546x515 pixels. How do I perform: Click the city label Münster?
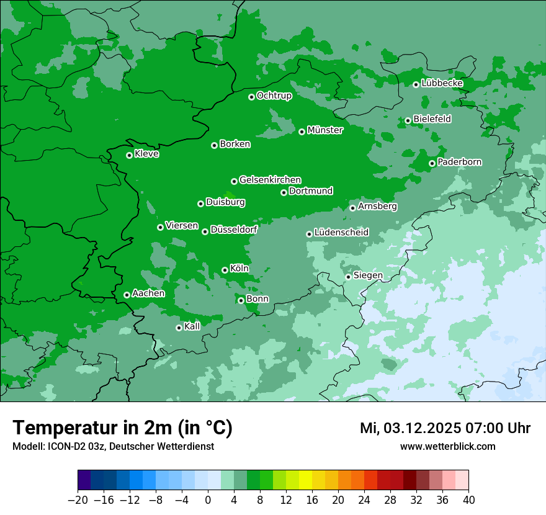pyautogui.click(x=325, y=130)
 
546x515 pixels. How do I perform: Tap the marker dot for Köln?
pyautogui.click(x=225, y=270)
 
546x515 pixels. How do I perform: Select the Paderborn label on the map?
pyautogui.click(x=459, y=162)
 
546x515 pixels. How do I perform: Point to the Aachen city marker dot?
pyautogui.click(x=127, y=295)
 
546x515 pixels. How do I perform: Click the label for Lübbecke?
pyautogui.click(x=442, y=83)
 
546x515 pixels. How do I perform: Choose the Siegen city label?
pyautogui.click(x=368, y=275)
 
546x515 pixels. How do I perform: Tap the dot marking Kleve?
pyautogui.click(x=129, y=155)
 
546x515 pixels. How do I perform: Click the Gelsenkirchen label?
pyautogui.click(x=270, y=180)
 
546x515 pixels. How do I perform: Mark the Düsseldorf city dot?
pyautogui.click(x=205, y=231)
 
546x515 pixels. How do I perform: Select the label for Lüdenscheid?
pyautogui.click(x=341, y=233)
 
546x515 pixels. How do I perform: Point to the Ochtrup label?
pyautogui.click(x=274, y=96)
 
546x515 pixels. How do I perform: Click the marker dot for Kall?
pyautogui.click(x=179, y=328)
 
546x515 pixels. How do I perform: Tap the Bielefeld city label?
pyautogui.click(x=432, y=119)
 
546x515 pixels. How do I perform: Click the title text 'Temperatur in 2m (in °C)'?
pyautogui.click(x=122, y=428)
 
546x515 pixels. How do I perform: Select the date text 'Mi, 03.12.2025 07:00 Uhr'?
pyautogui.click(x=445, y=428)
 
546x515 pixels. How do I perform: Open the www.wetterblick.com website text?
pyautogui.click(x=447, y=446)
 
